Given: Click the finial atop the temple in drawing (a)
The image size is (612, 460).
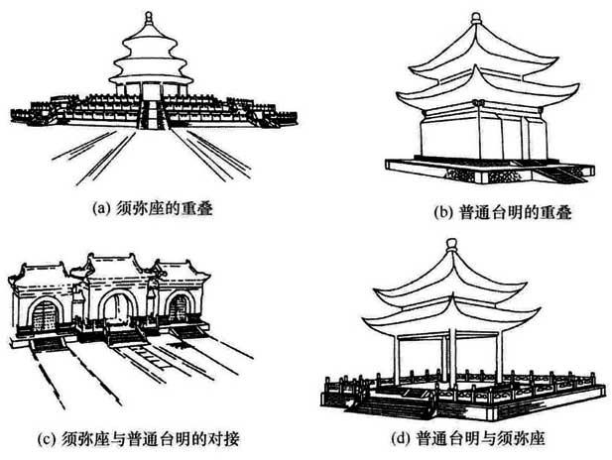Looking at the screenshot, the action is click(149, 18).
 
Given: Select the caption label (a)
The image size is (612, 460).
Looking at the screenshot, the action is click(99, 208).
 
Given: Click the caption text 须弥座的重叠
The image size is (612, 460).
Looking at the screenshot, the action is click(165, 208).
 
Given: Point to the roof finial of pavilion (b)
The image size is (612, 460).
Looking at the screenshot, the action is click(476, 18).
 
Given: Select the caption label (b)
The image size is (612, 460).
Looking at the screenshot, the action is click(442, 213).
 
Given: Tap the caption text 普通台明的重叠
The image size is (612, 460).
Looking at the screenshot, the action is click(516, 213).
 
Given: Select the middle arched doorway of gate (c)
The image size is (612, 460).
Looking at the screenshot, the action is click(117, 308).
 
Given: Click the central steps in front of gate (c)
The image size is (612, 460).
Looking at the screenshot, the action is click(126, 336).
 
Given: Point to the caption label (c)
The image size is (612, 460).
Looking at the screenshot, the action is click(45, 438).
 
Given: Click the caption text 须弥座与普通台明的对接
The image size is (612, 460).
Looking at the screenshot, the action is click(150, 438).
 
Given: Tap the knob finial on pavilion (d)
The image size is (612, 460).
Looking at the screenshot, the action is click(451, 245).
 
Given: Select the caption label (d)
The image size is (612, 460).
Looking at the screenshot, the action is click(399, 438).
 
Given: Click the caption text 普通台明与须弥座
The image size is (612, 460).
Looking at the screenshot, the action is click(480, 438).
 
